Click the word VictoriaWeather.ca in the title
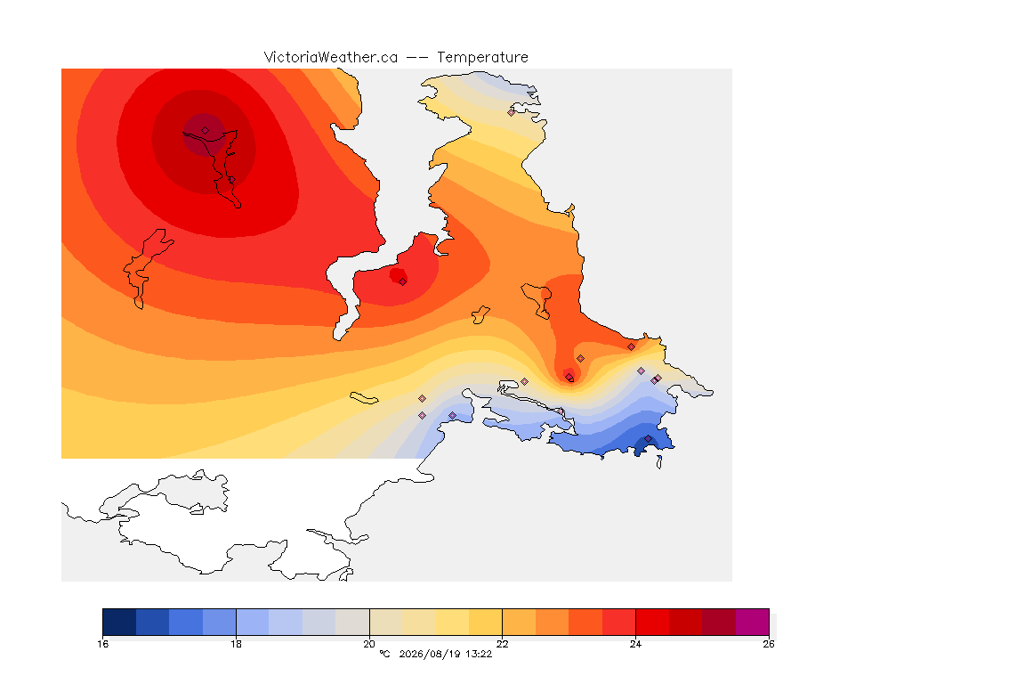[x=331, y=58]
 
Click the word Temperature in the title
[x=482, y=58]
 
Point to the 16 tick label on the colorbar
[x=102, y=644]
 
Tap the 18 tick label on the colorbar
[x=236, y=644]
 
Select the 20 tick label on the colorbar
[x=369, y=644]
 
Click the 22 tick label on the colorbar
[x=502, y=644]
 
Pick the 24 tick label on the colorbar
[x=635, y=644]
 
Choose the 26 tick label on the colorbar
[x=769, y=644]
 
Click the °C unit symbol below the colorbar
[x=385, y=654]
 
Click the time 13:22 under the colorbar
[x=479, y=654]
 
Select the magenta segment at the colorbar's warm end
[x=753, y=622]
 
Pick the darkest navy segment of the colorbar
[x=119, y=622]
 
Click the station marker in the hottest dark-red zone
[x=206, y=131]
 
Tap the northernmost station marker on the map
[x=512, y=112]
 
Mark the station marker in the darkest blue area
[x=649, y=438]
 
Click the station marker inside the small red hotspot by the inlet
[x=403, y=281]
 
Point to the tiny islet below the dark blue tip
[x=659, y=462]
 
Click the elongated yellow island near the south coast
[x=364, y=398]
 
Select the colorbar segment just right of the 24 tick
[x=652, y=622]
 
